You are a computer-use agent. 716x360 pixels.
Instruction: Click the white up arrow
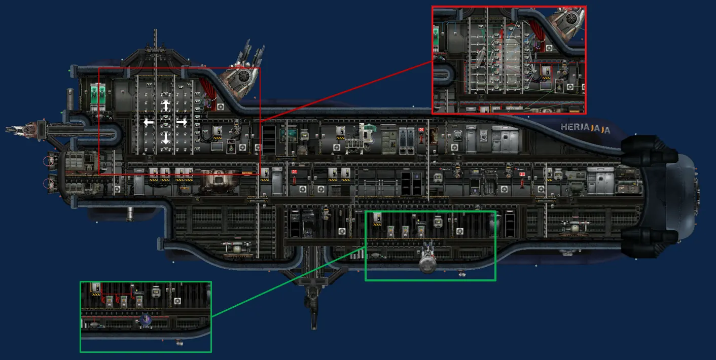point(166,105)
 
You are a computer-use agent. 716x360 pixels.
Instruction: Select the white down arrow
point(166,138)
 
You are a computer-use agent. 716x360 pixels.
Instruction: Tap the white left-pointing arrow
point(148,122)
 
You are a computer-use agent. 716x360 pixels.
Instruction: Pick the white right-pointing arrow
point(182,122)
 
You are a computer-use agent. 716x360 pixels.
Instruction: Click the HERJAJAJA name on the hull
point(585,128)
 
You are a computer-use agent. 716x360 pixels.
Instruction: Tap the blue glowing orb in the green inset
point(146,320)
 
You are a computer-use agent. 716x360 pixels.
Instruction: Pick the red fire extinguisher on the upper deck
point(421,134)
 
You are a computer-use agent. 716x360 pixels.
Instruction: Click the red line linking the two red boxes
point(345,91)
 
